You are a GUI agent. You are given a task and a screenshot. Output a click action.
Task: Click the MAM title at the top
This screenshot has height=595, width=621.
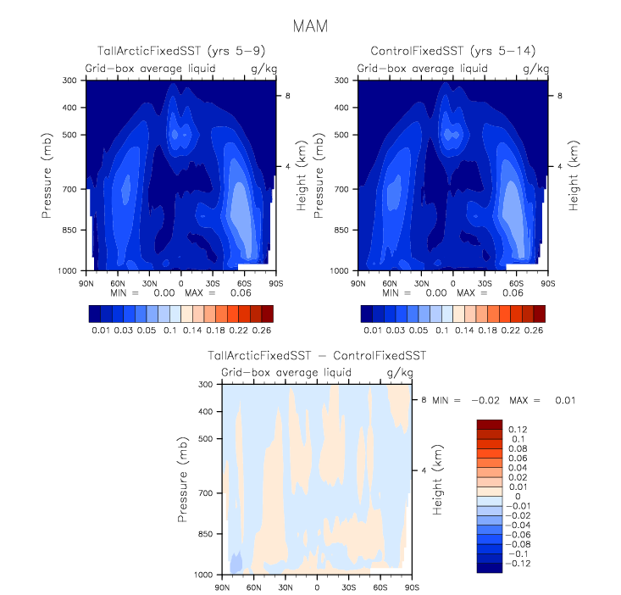click(309, 25)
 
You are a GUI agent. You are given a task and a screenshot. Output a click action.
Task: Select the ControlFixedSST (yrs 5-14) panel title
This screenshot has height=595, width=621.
click(452, 53)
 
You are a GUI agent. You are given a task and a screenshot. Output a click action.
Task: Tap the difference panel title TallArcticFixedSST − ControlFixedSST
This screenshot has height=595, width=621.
click(317, 357)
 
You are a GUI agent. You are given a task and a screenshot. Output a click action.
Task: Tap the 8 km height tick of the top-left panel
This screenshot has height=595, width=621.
click(287, 97)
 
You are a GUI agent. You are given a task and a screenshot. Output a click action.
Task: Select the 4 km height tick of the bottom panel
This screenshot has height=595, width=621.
click(423, 470)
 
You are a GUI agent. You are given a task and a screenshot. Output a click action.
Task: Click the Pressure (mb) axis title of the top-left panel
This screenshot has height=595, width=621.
click(47, 175)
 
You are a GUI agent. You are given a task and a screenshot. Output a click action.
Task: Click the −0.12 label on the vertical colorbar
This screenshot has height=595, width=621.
click(518, 563)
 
